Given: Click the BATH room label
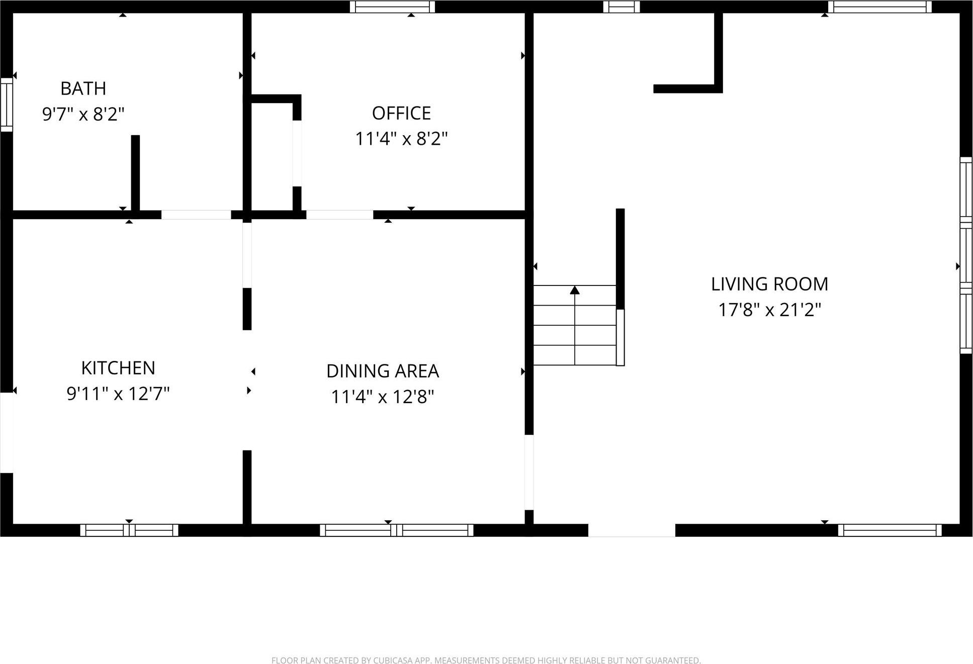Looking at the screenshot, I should (x=83, y=88).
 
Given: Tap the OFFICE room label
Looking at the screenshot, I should (x=401, y=114).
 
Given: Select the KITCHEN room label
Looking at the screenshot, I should (x=118, y=368).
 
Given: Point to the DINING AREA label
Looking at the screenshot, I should (x=383, y=371).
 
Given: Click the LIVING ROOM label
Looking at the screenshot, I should (x=769, y=284).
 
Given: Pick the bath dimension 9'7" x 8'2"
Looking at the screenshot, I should (x=83, y=114).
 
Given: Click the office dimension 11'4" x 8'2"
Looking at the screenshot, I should (x=401, y=139).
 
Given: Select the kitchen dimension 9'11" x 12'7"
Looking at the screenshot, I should (x=118, y=394).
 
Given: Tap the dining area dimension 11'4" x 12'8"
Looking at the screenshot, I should (x=383, y=397).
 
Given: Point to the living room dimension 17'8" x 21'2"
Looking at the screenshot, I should (x=769, y=310).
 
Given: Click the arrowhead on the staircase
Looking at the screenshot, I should (x=575, y=290).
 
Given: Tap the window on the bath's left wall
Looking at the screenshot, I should (x=7, y=105).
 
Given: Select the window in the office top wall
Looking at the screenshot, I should (x=392, y=7).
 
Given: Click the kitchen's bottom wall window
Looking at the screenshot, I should (x=129, y=530).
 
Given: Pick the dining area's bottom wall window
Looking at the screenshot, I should (x=396, y=530).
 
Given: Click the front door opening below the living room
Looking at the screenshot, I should (x=632, y=530).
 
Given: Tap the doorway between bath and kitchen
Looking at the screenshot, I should (x=196, y=215).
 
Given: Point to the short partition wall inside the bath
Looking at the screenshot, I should (x=135, y=172).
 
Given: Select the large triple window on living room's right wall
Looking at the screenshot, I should (x=966, y=255).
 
